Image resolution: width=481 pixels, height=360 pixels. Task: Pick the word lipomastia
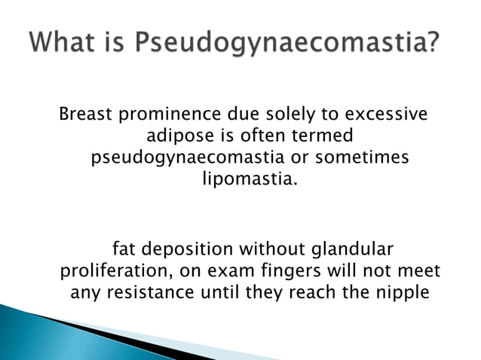(x=246, y=182)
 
